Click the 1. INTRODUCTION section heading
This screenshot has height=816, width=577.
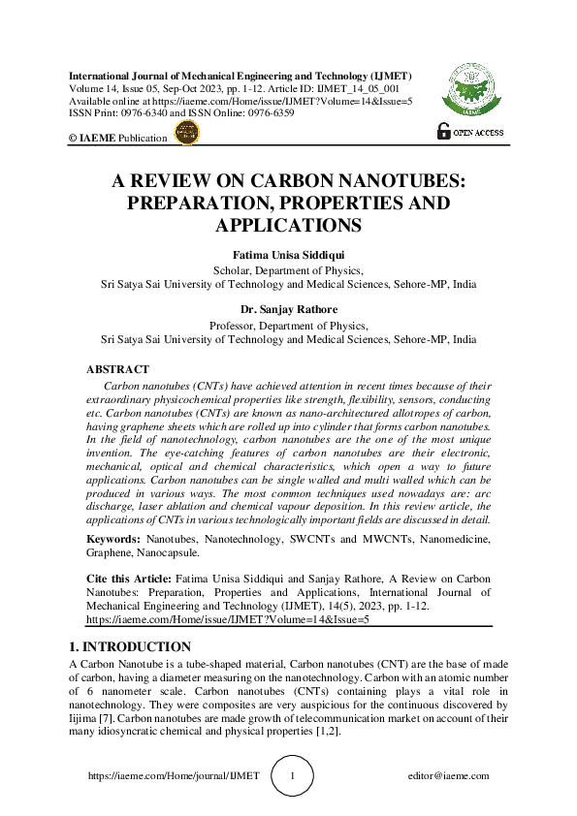pyautogui.click(x=130, y=646)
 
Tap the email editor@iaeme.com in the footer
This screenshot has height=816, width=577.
pyautogui.click(x=450, y=776)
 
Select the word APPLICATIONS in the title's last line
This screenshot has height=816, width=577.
pyautogui.click(x=288, y=226)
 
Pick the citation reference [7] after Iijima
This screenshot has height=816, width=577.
pyautogui.click(x=110, y=717)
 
